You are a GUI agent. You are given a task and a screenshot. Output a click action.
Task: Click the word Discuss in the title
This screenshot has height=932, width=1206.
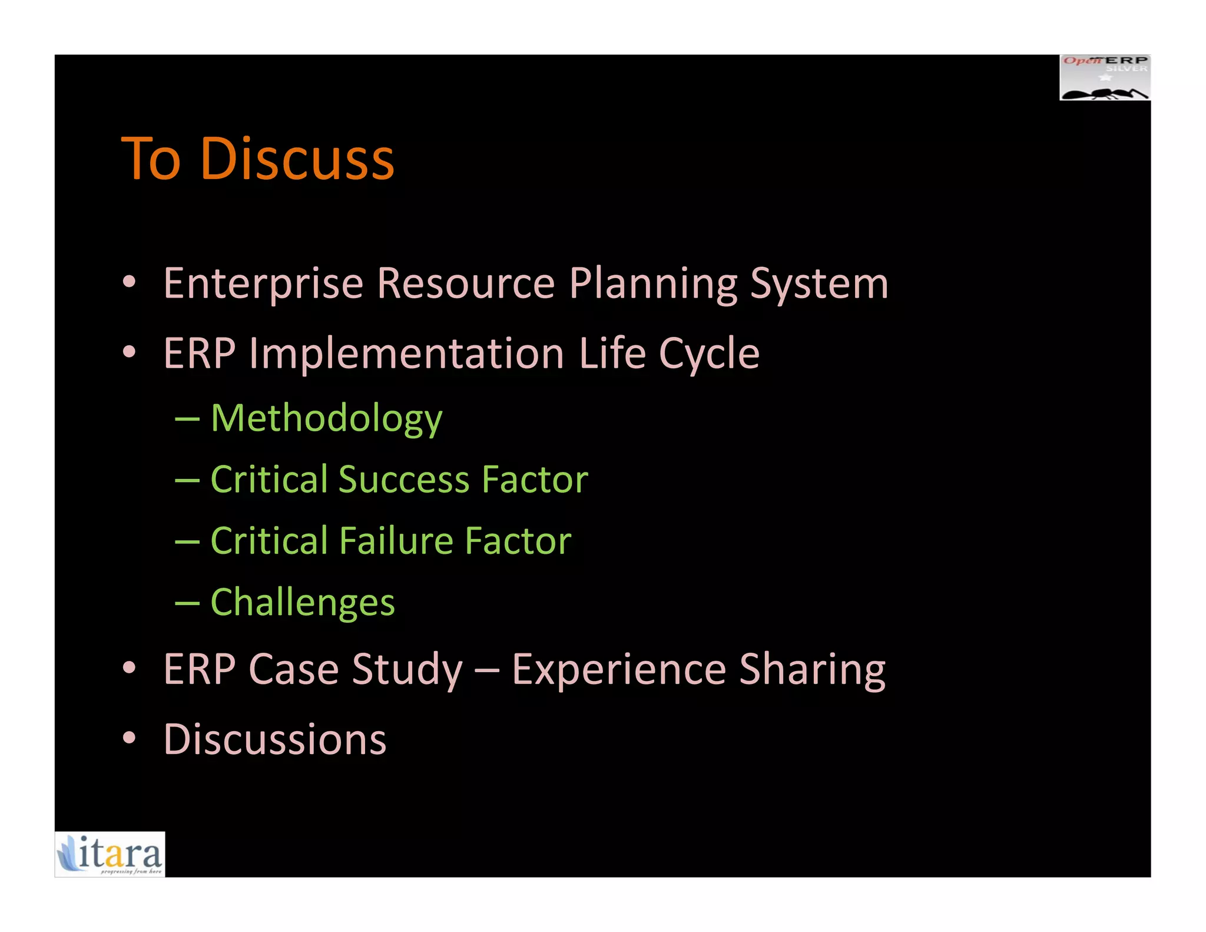(x=297, y=158)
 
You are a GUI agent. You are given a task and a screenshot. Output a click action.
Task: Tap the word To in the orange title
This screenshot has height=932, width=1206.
(x=150, y=158)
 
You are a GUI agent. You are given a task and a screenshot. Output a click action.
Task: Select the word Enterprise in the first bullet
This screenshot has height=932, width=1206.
(x=263, y=284)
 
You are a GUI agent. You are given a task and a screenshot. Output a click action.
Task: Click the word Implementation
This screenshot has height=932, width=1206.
(x=406, y=353)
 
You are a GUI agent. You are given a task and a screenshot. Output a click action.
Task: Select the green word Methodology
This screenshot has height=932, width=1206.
(x=326, y=418)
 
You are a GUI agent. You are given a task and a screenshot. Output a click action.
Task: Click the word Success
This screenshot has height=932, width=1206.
(x=404, y=479)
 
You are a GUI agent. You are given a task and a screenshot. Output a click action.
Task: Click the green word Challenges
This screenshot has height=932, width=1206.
(x=303, y=603)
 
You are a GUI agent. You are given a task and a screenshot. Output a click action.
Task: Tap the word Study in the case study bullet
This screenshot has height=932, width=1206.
(x=407, y=670)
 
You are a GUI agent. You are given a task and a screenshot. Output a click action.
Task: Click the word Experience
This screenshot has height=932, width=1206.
(x=618, y=670)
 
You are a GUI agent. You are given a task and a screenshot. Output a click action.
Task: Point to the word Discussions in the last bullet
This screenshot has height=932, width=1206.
(x=274, y=739)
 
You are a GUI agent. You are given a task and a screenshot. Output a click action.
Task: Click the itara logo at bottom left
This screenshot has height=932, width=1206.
(x=110, y=854)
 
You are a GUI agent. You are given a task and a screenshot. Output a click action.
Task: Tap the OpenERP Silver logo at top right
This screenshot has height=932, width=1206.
(x=1105, y=77)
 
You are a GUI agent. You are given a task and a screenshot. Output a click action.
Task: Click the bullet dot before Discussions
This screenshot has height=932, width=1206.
(x=130, y=738)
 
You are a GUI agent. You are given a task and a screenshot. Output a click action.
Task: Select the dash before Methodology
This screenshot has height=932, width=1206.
(x=187, y=419)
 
